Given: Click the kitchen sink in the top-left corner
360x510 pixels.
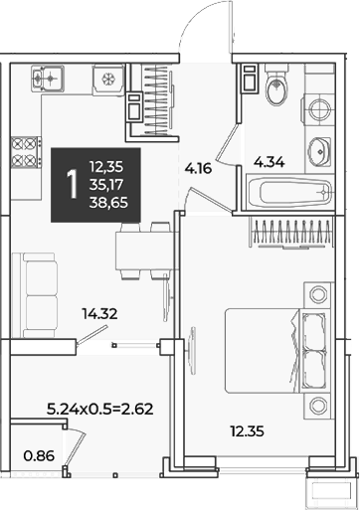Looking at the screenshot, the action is coord(48,79).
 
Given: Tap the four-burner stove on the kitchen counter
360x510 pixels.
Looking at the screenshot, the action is coord(26,152).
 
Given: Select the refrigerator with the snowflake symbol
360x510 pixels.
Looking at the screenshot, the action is coord(108,80).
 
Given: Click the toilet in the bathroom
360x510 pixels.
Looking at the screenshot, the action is coord(276,85).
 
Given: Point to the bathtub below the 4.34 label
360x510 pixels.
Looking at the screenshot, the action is coord(289,192).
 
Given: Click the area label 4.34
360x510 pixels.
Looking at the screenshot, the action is coord(270,162).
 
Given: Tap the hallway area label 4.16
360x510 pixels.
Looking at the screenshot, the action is coord(198,169).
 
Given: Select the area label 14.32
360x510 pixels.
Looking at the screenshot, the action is coord(100,313).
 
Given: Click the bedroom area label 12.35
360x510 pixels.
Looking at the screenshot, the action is coord(248,431).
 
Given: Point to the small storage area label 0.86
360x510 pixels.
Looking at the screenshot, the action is coord(39,456).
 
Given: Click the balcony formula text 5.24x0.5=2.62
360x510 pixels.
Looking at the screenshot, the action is coord(99,409).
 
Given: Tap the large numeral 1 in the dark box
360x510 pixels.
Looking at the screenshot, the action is coord(72,184).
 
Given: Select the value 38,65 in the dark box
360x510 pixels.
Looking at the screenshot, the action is coord(108,202).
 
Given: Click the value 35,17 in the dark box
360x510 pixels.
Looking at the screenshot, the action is coord(106,185).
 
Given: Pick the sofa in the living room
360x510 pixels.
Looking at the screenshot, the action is coord(34,295).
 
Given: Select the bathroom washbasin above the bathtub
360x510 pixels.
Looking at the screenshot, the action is coord(319,151).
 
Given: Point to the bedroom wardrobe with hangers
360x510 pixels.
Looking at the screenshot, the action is coord(291,232).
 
